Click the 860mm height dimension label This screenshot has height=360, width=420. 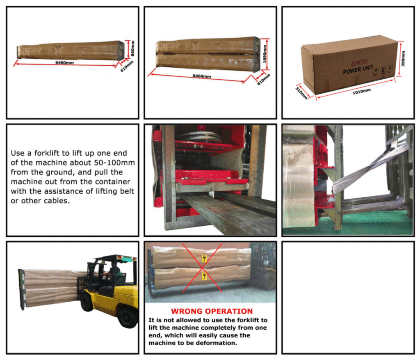[x=133, y=48]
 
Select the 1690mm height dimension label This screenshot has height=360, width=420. [x=265, y=54]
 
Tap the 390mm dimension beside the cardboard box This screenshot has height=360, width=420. [x=403, y=58]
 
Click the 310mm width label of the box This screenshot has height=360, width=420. [x=301, y=93]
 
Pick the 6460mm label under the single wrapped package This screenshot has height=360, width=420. [x=64, y=62]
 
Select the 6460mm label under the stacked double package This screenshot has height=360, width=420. [x=202, y=76]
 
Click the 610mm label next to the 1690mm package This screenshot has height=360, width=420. [x=264, y=80]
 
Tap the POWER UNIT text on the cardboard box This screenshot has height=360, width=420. [x=358, y=70]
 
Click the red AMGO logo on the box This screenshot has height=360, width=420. [x=359, y=63]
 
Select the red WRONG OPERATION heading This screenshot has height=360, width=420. [x=212, y=311]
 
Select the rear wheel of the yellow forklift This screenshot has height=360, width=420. [x=128, y=318]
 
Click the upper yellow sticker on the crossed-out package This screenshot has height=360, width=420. [x=204, y=259]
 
